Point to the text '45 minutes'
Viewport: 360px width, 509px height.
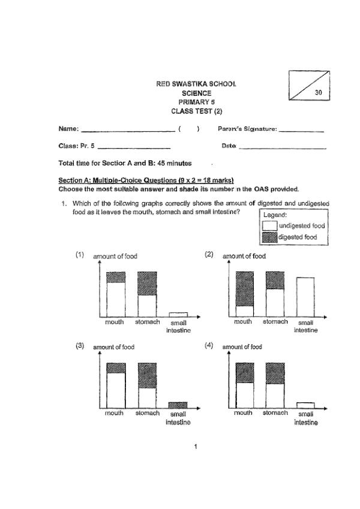click(174, 163)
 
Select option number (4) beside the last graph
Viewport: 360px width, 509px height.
click(209, 346)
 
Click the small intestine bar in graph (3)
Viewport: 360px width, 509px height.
click(178, 405)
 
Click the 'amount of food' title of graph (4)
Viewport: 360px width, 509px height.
click(242, 347)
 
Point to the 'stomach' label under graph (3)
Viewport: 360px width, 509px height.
click(147, 413)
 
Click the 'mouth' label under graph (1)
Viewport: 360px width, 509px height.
click(115, 322)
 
